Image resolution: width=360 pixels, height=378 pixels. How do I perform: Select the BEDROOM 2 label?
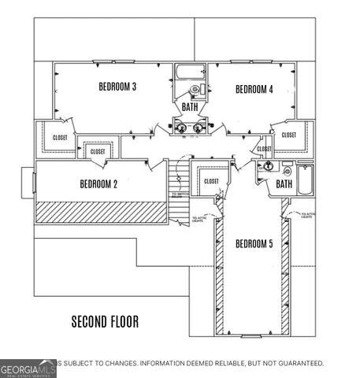click(98, 184)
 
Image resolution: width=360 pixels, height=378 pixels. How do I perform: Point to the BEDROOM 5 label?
click(254, 244)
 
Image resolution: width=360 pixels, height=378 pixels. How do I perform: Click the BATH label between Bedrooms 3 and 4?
click(190, 106)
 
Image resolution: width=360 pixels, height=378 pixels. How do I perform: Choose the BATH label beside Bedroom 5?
click(284, 184)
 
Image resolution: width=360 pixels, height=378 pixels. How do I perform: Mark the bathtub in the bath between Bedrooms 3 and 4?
click(188, 72)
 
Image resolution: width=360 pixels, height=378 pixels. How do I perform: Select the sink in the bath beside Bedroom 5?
click(269, 166)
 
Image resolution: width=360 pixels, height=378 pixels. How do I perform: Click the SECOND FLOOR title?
click(105, 321)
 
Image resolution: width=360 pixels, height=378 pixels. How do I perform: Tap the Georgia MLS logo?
click(28, 369)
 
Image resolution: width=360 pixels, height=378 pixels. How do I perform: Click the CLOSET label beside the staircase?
click(211, 181)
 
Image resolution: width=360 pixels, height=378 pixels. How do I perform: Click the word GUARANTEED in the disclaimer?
click(297, 363)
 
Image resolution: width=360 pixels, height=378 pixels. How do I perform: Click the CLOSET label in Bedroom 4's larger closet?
click(288, 135)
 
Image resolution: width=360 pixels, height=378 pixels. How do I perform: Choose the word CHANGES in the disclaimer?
click(114, 363)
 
